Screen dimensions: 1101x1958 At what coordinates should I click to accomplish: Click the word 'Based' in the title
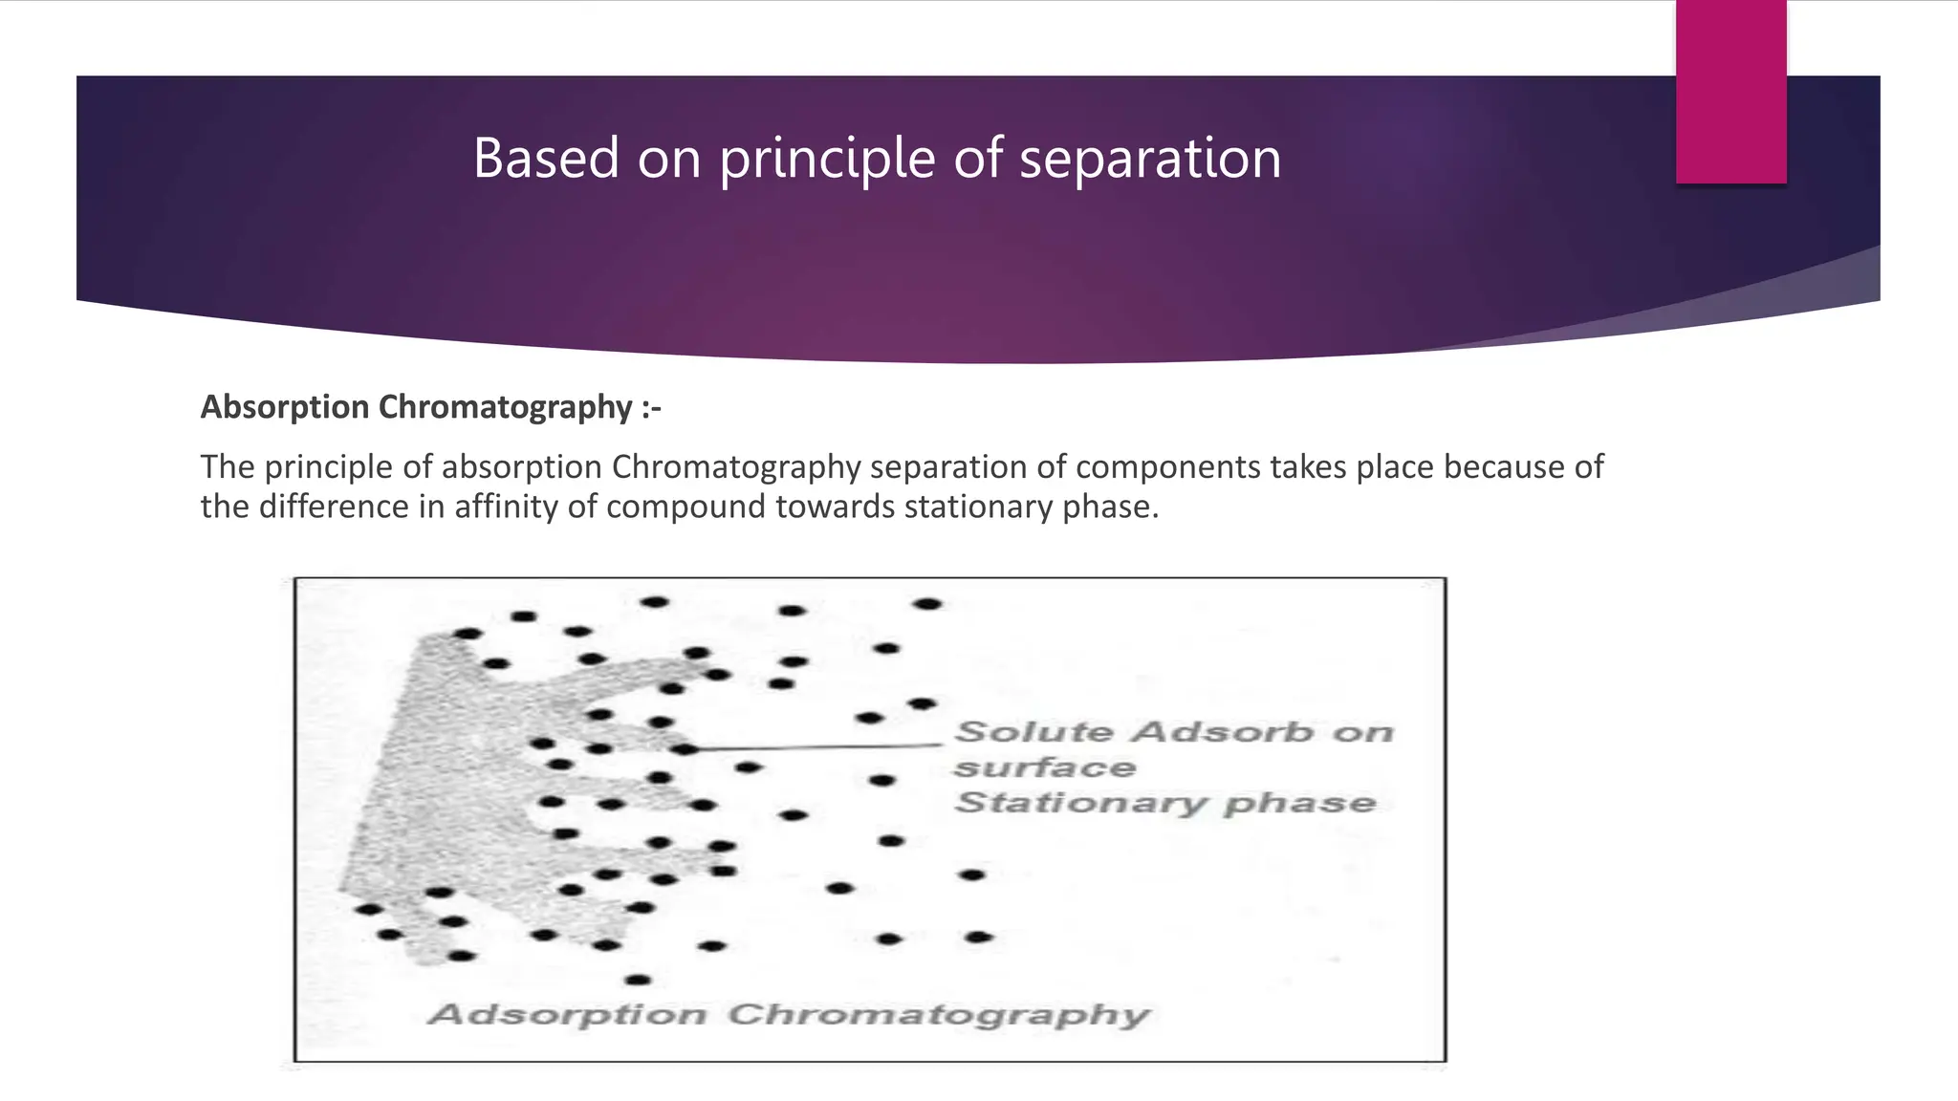point(546,158)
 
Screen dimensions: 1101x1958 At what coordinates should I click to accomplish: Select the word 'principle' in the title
point(827,158)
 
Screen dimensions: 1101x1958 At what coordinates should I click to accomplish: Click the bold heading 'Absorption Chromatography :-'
point(430,407)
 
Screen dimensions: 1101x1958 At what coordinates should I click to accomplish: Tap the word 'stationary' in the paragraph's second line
point(979,507)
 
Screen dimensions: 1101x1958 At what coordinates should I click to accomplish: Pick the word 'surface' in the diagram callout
point(1044,767)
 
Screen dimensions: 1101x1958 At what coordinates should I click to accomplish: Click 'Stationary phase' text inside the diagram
point(1164,803)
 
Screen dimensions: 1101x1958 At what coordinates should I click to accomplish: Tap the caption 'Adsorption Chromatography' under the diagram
point(788,1014)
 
